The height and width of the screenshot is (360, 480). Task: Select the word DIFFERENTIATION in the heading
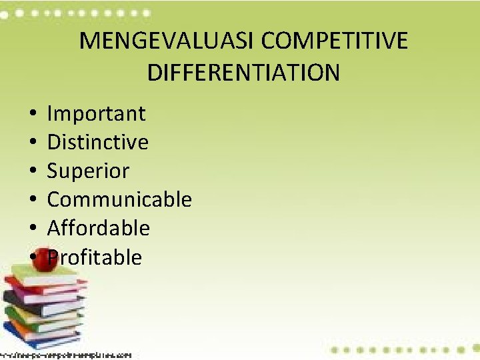[243, 72]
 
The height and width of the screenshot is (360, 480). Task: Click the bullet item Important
[96, 113]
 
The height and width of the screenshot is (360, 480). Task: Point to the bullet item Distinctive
[97, 142]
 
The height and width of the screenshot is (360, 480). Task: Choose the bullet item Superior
[88, 171]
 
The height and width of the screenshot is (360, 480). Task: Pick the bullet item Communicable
[119, 199]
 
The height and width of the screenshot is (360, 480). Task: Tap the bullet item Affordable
[98, 228]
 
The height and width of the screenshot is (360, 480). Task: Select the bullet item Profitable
[95, 257]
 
